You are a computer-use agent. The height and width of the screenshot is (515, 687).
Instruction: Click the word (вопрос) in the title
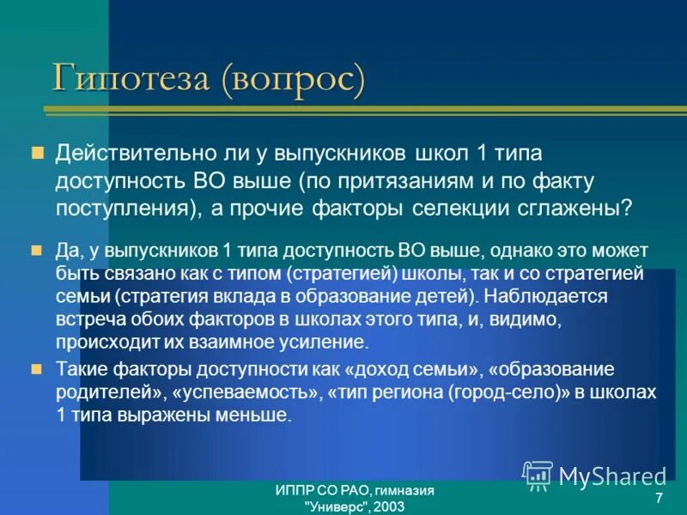292,80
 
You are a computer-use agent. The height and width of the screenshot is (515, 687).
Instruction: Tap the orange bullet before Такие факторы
37,370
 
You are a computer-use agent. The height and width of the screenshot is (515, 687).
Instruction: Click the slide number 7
658,500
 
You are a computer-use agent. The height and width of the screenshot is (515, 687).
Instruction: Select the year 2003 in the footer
388,506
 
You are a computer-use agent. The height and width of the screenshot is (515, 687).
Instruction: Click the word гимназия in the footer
404,490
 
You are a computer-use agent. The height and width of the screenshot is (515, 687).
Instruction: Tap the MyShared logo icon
538,474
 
